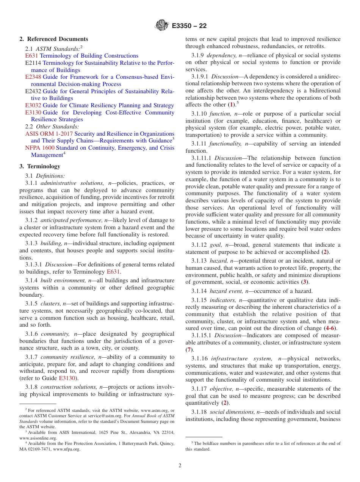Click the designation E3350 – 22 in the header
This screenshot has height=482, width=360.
pyautogui.click(x=189, y=26)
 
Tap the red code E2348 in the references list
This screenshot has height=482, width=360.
pyautogui.click(x=33, y=77)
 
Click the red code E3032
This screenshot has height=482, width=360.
pyautogui.click(x=33, y=105)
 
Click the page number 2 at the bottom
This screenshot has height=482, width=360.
pyautogui.click(x=180, y=466)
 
